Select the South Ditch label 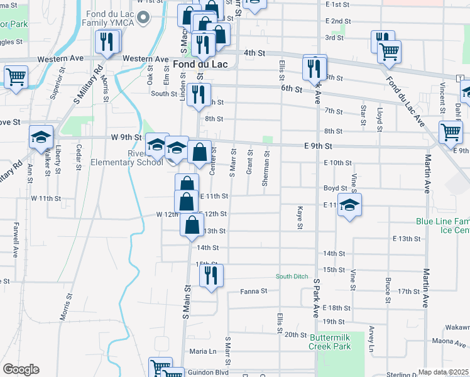pos(292,277)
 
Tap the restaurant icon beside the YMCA pos(107,42)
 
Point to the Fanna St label pos(254,292)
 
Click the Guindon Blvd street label pos(208,373)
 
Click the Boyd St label pos(335,188)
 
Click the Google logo pos(21,369)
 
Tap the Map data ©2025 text pos(442,372)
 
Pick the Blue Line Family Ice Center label pos(443,226)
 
